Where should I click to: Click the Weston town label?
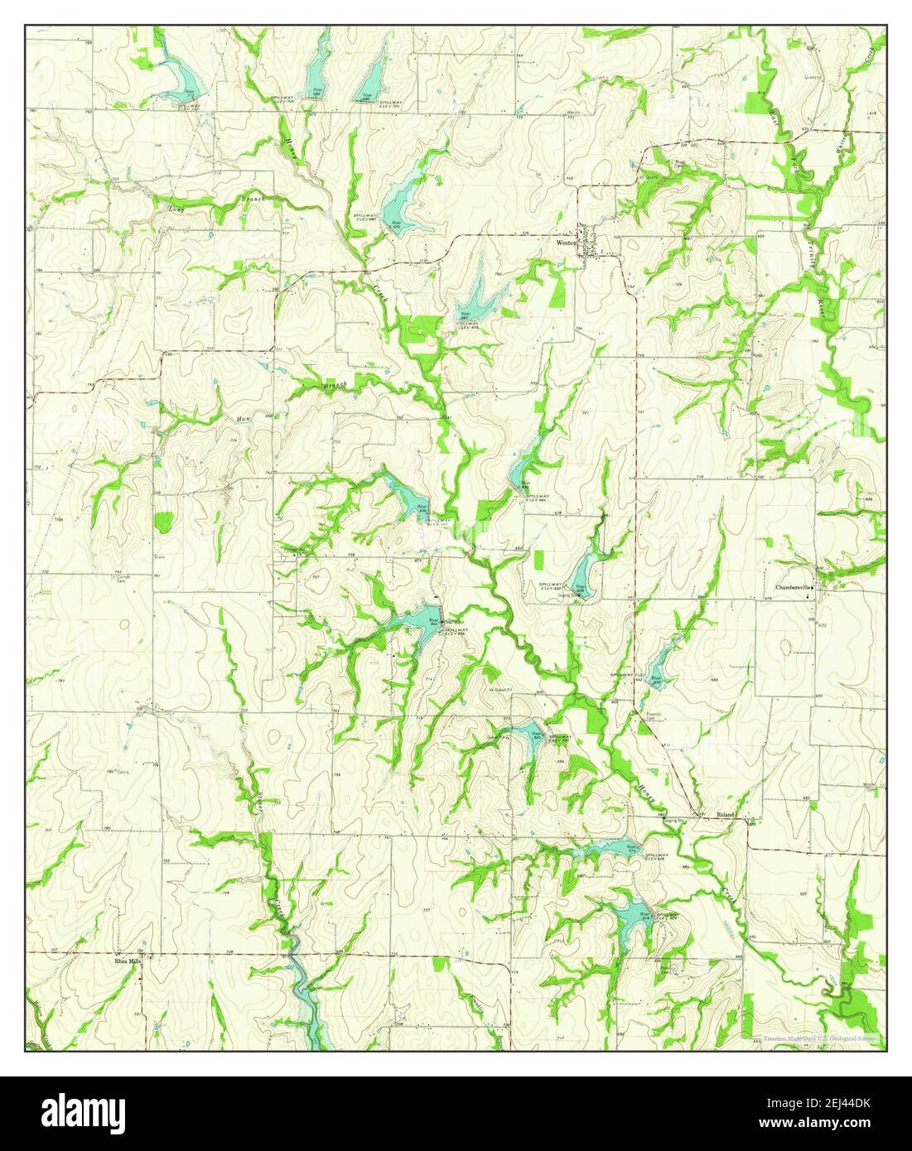coord(566,243)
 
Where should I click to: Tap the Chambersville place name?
coord(792,587)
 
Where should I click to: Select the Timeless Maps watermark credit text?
coord(820,1037)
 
